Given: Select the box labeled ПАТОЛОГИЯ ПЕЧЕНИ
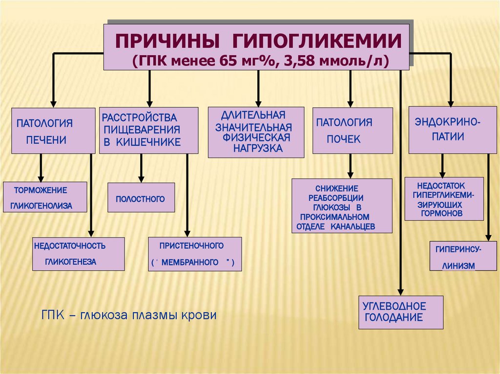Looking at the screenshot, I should click(53, 131).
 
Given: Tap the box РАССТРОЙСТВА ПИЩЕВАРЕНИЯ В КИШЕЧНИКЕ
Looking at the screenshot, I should click(149, 131).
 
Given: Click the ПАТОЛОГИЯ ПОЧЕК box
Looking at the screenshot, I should click(353, 131).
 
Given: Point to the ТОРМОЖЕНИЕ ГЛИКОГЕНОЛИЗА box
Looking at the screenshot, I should click(45, 197).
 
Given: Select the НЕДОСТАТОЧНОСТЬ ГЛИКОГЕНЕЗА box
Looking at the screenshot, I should click(78, 254).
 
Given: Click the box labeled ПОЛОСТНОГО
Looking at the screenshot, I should click(141, 197).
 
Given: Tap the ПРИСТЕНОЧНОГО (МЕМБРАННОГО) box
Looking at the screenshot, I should click(194, 254).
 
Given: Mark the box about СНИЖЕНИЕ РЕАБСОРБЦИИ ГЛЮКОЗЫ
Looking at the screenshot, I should click(342, 206).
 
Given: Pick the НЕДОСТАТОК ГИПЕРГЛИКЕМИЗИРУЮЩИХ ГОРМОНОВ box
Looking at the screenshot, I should click(444, 199).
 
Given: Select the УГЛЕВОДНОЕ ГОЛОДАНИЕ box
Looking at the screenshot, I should click(401, 312).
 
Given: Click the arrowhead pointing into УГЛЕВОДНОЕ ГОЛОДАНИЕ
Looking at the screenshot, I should click(400, 291).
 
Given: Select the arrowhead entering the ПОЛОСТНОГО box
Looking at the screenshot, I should click(141, 178).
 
